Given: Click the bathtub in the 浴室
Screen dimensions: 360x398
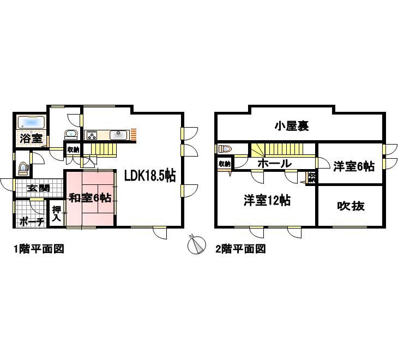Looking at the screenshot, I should [x=29, y=121].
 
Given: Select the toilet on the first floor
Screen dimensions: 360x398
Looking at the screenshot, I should [x=23, y=169].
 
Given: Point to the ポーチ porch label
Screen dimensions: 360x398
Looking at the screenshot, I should [x=31, y=221].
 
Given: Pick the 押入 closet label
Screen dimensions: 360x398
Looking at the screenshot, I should [x=56, y=213].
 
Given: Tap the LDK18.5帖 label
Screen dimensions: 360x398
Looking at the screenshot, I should [x=149, y=176].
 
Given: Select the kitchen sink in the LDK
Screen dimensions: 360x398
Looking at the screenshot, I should [x=117, y=135].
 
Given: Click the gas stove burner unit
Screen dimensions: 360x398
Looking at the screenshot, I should [x=91, y=135].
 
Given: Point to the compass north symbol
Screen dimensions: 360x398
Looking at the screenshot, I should [x=195, y=245].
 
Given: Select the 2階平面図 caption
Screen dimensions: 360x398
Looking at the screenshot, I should [x=240, y=249].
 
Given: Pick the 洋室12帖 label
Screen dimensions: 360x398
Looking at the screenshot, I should [x=267, y=201].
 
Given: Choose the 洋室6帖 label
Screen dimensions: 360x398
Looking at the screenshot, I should [x=354, y=166].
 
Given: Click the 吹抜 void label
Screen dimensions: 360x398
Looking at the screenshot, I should [x=351, y=206].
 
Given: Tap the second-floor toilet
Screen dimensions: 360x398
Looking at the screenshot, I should [x=225, y=148].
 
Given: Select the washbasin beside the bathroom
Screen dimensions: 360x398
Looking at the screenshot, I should [x=70, y=135].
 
